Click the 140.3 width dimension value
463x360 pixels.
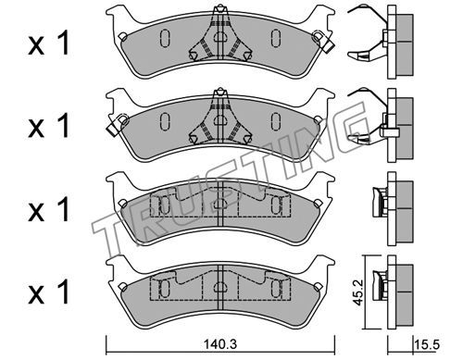coord(220,344)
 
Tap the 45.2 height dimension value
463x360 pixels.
coord(358,292)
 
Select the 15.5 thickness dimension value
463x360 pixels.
coord(427,344)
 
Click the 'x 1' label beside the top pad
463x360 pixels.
coord(49,43)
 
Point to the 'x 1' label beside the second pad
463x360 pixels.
coord(49,125)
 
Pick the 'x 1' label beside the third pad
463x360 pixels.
coord(49,209)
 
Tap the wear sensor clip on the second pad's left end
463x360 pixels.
coord(117,124)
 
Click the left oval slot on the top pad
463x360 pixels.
coord(165,38)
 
